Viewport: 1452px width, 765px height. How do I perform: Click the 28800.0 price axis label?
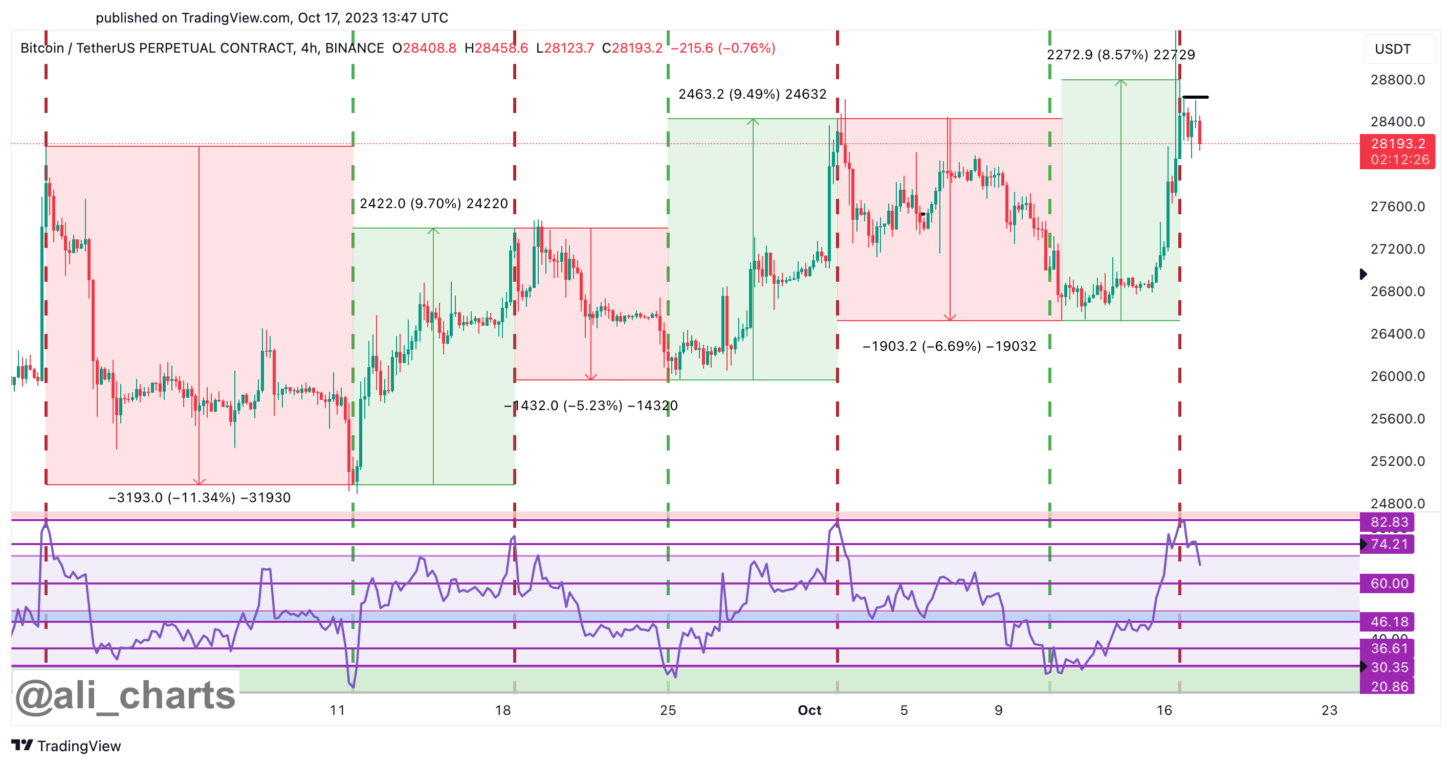tap(1397, 80)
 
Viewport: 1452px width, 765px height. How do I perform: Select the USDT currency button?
tap(1392, 49)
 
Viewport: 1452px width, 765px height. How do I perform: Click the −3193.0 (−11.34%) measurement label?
tap(199, 498)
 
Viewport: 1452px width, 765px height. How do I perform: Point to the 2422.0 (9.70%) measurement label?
tap(433, 204)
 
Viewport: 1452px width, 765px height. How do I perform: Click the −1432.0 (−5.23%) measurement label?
tap(591, 406)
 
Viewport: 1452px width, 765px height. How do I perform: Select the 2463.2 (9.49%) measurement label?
tap(752, 94)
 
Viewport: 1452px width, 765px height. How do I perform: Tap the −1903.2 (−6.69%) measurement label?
tap(949, 346)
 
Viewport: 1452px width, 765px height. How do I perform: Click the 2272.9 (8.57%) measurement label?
tap(1120, 55)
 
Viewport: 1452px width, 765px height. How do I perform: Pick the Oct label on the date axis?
tap(809, 710)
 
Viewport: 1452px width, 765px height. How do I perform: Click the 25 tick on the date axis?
tap(668, 710)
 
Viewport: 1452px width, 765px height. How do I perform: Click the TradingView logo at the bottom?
tap(66, 746)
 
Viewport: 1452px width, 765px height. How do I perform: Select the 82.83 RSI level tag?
tap(1389, 522)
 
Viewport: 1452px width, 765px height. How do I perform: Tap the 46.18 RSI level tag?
tap(1389, 622)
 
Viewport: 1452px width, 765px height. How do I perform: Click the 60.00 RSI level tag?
tap(1389, 583)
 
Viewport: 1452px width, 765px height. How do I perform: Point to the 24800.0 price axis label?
tap(1397, 504)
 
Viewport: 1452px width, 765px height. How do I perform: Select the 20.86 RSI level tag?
tap(1389, 687)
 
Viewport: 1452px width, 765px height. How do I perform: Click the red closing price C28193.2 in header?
tap(632, 49)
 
